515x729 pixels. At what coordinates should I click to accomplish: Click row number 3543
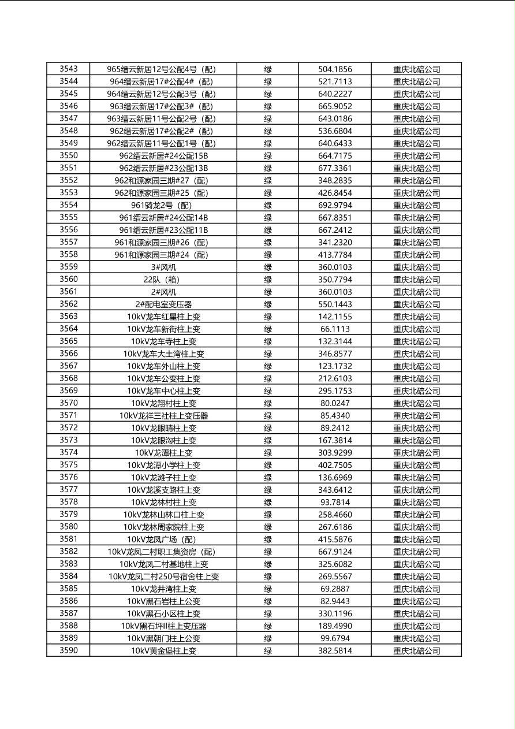click(x=68, y=69)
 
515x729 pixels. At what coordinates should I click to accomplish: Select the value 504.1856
click(x=335, y=69)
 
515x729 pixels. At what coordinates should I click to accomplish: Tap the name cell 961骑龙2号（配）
click(x=163, y=205)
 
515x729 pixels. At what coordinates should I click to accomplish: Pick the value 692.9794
click(x=335, y=205)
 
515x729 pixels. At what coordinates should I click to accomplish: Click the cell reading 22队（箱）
click(x=163, y=280)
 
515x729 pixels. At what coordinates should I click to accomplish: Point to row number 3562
click(x=68, y=304)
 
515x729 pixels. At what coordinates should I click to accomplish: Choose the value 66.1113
click(x=335, y=329)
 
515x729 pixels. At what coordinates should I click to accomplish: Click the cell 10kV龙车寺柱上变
click(x=163, y=341)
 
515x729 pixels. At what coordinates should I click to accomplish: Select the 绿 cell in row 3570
click(x=268, y=403)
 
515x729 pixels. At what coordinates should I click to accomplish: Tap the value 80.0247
click(x=335, y=403)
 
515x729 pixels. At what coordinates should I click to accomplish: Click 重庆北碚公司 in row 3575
click(x=416, y=465)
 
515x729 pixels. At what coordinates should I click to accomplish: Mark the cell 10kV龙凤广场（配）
click(x=163, y=540)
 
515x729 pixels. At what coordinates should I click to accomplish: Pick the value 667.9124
click(x=335, y=552)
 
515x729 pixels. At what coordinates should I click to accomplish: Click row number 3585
click(x=68, y=589)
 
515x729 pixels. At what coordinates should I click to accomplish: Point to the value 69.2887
click(x=335, y=589)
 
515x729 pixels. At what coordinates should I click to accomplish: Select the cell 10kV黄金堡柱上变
click(x=163, y=650)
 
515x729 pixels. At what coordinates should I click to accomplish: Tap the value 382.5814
click(x=335, y=650)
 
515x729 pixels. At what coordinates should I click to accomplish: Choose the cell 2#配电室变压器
click(x=163, y=304)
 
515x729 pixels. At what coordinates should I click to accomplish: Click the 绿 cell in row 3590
click(x=268, y=650)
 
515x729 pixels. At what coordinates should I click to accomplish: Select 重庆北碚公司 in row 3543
click(x=416, y=69)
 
